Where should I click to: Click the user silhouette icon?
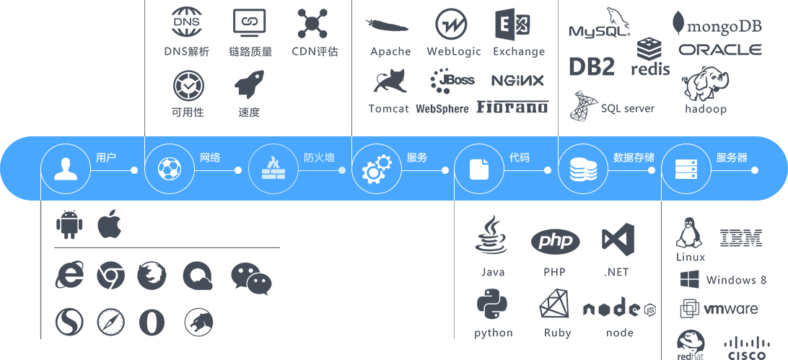click(x=66, y=169)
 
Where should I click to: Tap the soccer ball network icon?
click(x=169, y=169)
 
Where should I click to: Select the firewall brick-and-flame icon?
click(x=273, y=169)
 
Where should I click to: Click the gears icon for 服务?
click(x=376, y=169)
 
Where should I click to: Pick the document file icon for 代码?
click(x=479, y=169)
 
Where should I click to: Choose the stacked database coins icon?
click(x=583, y=169)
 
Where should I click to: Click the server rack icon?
click(x=686, y=169)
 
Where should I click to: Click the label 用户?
click(x=106, y=157)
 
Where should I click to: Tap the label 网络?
click(x=210, y=157)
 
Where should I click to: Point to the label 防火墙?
click(x=319, y=157)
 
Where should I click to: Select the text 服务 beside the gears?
click(x=417, y=157)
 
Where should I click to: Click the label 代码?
click(x=520, y=157)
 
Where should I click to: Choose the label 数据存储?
click(x=634, y=157)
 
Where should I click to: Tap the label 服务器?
click(x=732, y=157)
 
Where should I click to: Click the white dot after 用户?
click(x=134, y=170)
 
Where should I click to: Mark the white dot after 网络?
click(x=238, y=170)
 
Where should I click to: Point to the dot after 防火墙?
click(x=342, y=170)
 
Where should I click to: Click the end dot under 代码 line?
click(x=548, y=170)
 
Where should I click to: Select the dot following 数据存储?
click(x=652, y=170)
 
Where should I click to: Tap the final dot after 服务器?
click(x=755, y=170)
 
